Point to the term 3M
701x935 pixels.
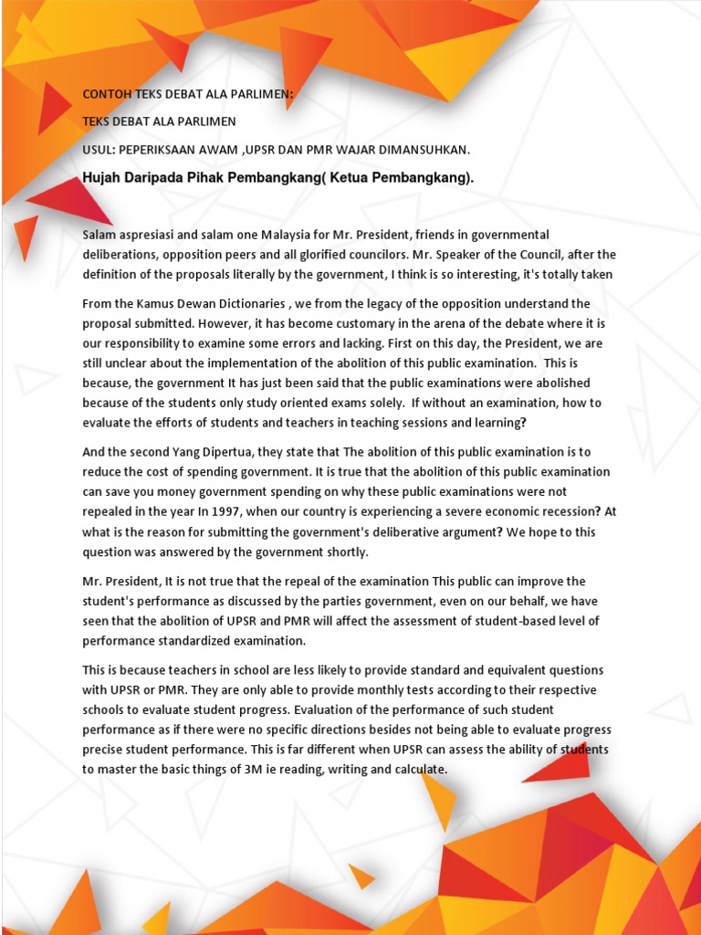click(252, 770)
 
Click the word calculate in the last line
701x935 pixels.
click(416, 770)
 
